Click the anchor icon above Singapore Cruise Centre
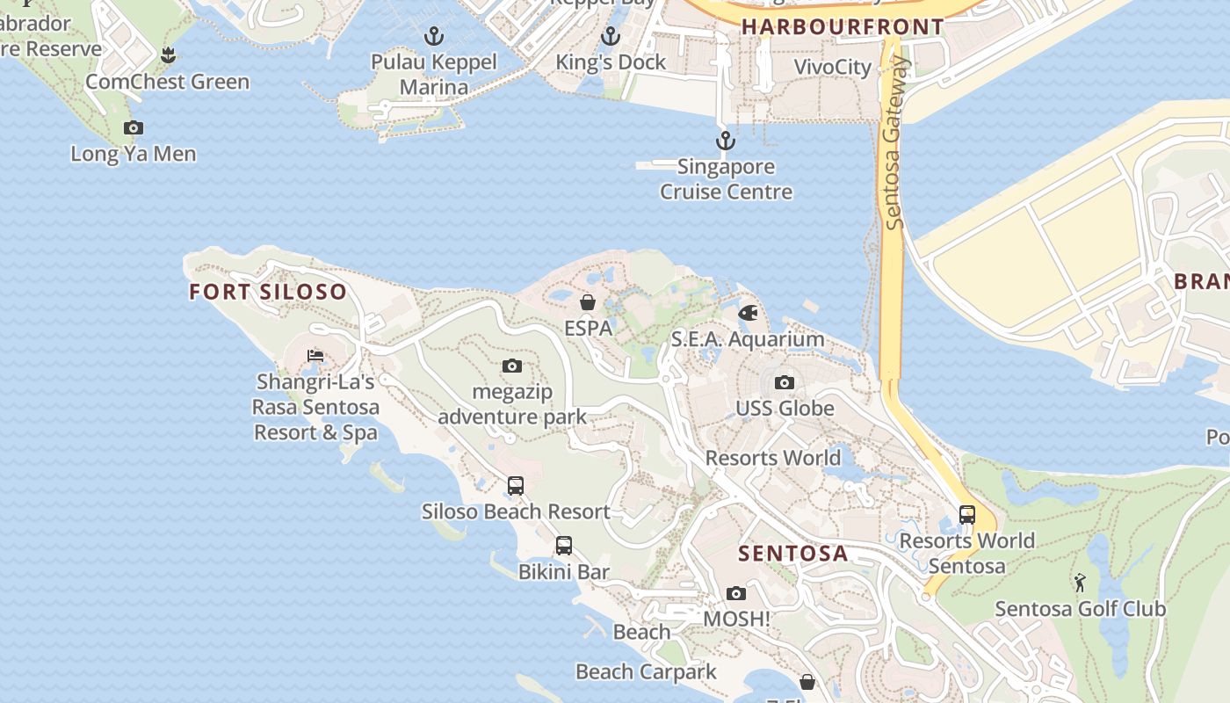725,141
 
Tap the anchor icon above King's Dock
611,37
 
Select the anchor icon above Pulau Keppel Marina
433,37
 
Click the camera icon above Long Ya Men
134,128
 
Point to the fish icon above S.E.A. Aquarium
748,313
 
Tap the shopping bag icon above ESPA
587,303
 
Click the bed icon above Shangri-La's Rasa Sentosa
315,356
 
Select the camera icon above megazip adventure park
512,366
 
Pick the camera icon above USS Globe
785,383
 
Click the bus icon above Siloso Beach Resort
516,485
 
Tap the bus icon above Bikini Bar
564,546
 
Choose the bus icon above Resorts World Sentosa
966,515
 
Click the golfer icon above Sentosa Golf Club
1080,583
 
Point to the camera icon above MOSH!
736,594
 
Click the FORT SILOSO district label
268,292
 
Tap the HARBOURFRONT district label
842,27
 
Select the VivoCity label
832,68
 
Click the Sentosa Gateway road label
895,143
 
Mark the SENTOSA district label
793,554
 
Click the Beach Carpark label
646,672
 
